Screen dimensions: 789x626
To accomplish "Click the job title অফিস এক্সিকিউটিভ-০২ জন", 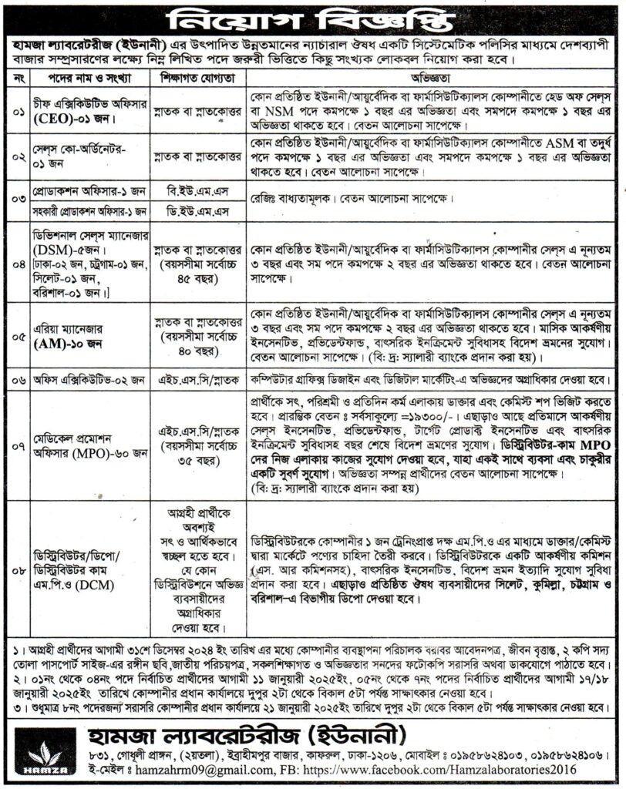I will click(x=86, y=378).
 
